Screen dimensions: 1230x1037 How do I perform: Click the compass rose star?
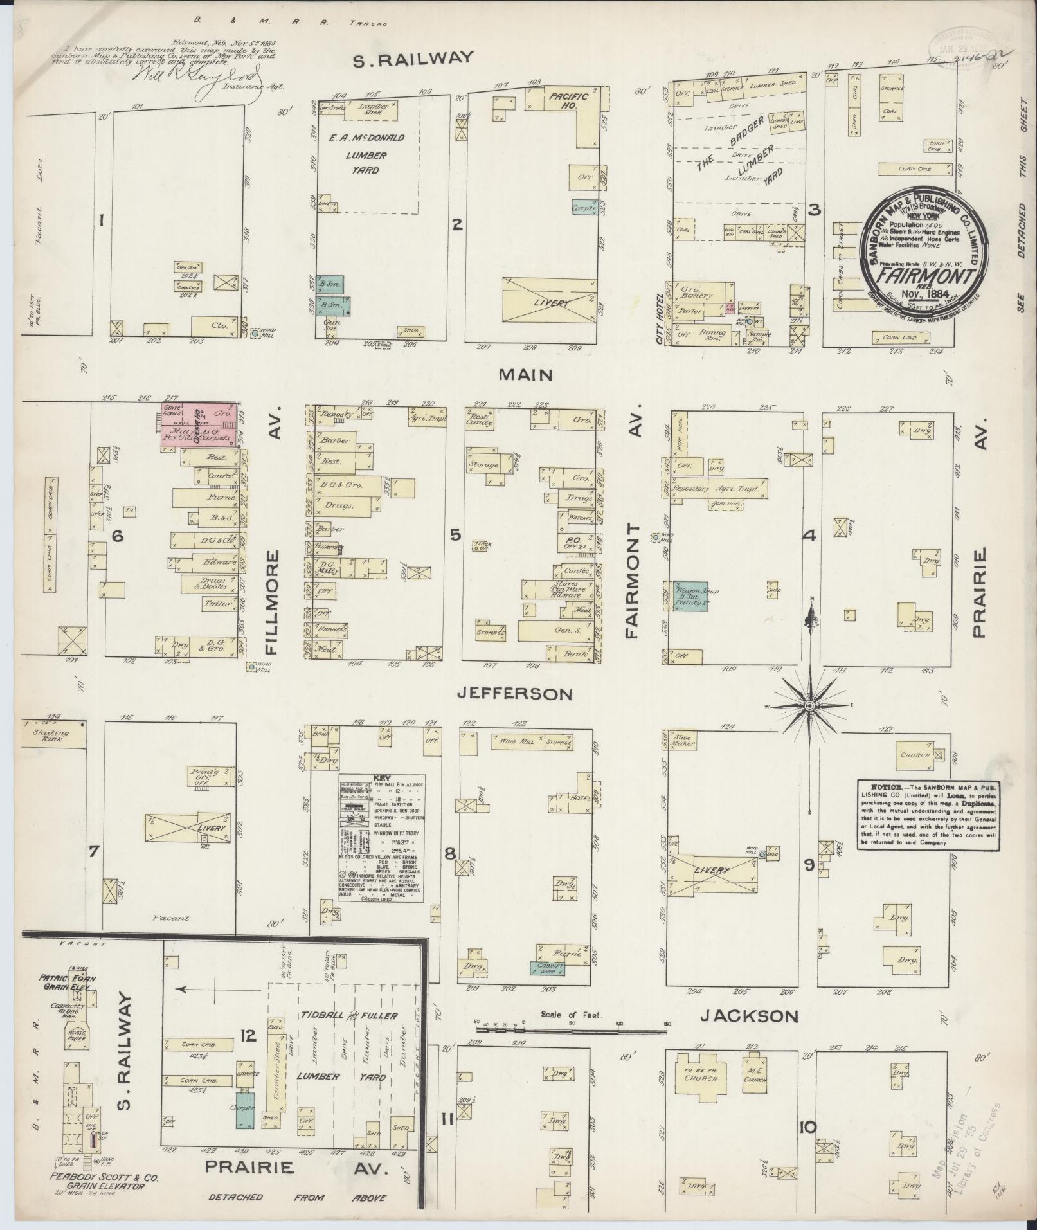pyautogui.click(x=809, y=705)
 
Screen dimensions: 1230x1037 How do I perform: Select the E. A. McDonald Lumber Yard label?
pyautogui.click(x=365, y=154)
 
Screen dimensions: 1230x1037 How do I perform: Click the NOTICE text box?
pyautogui.click(x=928, y=815)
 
